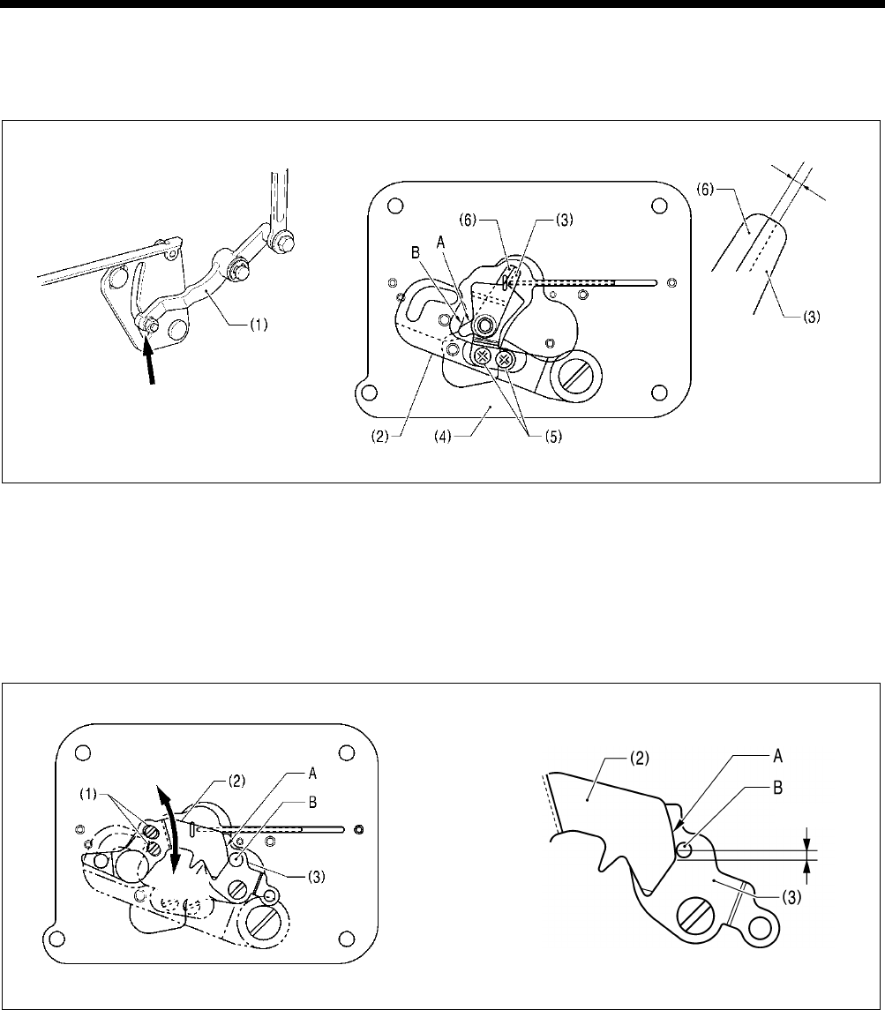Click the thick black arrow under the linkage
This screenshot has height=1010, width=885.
coord(155,363)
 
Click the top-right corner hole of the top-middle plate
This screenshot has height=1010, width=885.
coord(658,206)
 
